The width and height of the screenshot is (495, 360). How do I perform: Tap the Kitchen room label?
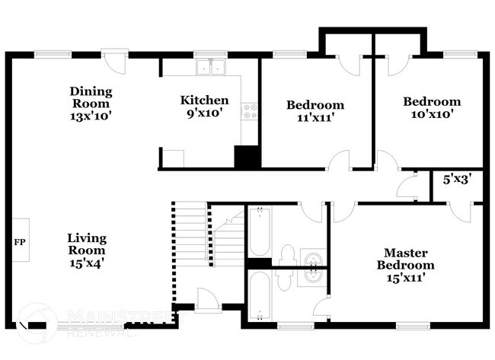tap(203, 100)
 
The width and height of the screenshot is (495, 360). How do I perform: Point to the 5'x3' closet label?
tap(457, 180)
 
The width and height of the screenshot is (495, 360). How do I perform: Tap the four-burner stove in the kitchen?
tap(248, 113)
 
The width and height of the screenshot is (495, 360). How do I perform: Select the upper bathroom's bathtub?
tap(258, 231)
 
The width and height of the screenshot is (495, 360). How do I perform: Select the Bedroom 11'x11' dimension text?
tap(315, 118)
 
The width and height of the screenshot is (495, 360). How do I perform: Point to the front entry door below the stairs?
tap(206, 299)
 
